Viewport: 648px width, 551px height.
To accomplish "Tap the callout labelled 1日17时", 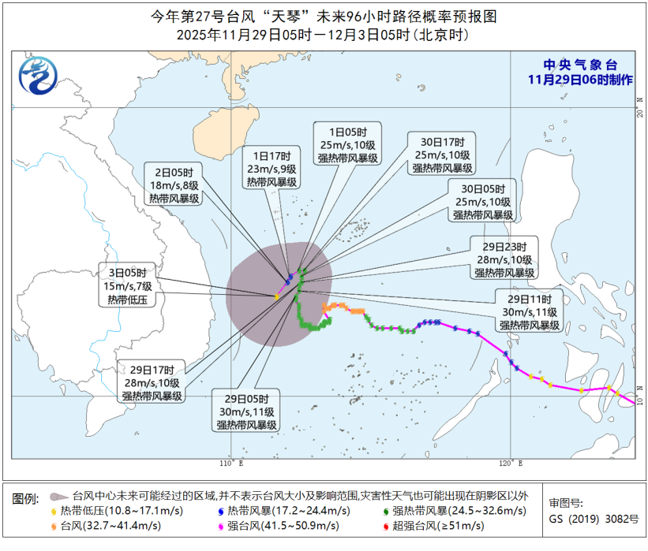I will pyautogui.click(x=270, y=168).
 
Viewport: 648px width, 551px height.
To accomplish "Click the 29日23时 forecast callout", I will pyautogui.click(x=505, y=259).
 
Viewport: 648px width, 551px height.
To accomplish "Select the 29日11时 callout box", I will pyautogui.click(x=529, y=311).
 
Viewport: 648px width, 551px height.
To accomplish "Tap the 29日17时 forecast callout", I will pyautogui.click(x=152, y=382).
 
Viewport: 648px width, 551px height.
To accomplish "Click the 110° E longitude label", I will pyautogui.click(x=231, y=461).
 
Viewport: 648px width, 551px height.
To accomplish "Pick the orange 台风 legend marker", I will pyautogui.click(x=53, y=526).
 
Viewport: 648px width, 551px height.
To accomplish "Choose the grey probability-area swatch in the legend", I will pyautogui.click(x=58, y=496).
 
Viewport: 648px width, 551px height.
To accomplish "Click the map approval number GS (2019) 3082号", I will pyautogui.click(x=594, y=519).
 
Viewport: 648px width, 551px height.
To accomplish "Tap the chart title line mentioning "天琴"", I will pyautogui.click(x=324, y=16).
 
